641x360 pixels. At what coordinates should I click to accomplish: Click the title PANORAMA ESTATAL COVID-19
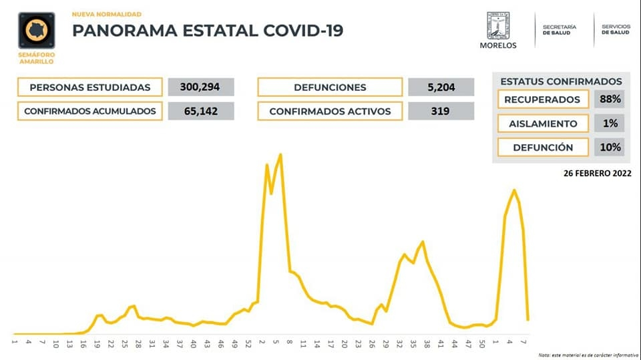pyautogui.click(x=207, y=31)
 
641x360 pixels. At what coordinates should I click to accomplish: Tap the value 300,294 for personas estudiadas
pyautogui.click(x=201, y=87)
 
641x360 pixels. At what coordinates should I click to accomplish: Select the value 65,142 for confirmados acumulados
pyautogui.click(x=201, y=111)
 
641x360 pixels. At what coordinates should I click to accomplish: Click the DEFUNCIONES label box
pyautogui.click(x=330, y=87)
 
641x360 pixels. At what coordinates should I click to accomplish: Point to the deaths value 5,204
pyautogui.click(x=441, y=87)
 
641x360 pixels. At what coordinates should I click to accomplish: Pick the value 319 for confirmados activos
pyautogui.click(x=441, y=111)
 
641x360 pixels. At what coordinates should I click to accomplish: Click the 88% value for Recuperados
pyautogui.click(x=610, y=100)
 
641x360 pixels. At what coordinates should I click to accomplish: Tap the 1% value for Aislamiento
pyautogui.click(x=610, y=124)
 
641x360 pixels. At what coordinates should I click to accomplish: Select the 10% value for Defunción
pyautogui.click(x=610, y=147)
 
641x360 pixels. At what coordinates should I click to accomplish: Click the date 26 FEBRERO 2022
pyautogui.click(x=597, y=172)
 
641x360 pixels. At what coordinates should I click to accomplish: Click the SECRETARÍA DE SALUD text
pyautogui.click(x=559, y=29)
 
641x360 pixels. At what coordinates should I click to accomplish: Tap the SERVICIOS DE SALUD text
pyautogui.click(x=615, y=29)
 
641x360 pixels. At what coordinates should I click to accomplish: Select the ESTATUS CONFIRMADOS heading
pyautogui.click(x=561, y=81)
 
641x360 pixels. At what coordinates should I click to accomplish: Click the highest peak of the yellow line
pyautogui.click(x=280, y=155)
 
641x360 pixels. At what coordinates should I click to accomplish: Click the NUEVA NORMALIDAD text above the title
pyautogui.click(x=106, y=13)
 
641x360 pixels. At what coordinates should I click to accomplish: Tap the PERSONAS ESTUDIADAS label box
pyautogui.click(x=90, y=87)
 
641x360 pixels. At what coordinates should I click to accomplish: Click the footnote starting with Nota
pyautogui.click(x=588, y=355)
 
